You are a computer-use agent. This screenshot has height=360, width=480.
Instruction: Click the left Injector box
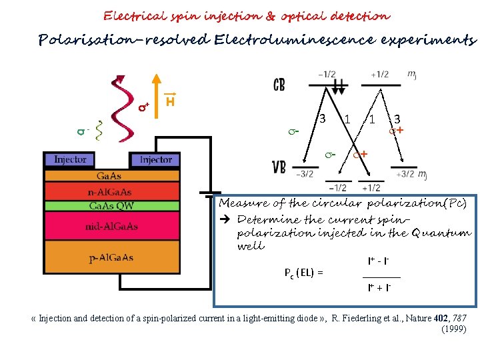(70, 160)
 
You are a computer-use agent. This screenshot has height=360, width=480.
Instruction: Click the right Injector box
(156, 160)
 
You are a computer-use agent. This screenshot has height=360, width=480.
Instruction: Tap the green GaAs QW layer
(112, 205)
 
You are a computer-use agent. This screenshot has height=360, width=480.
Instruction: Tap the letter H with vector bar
(171, 101)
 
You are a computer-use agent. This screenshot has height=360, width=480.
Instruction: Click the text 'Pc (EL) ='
(303, 272)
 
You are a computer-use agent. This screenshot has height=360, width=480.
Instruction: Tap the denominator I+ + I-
(378, 287)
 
